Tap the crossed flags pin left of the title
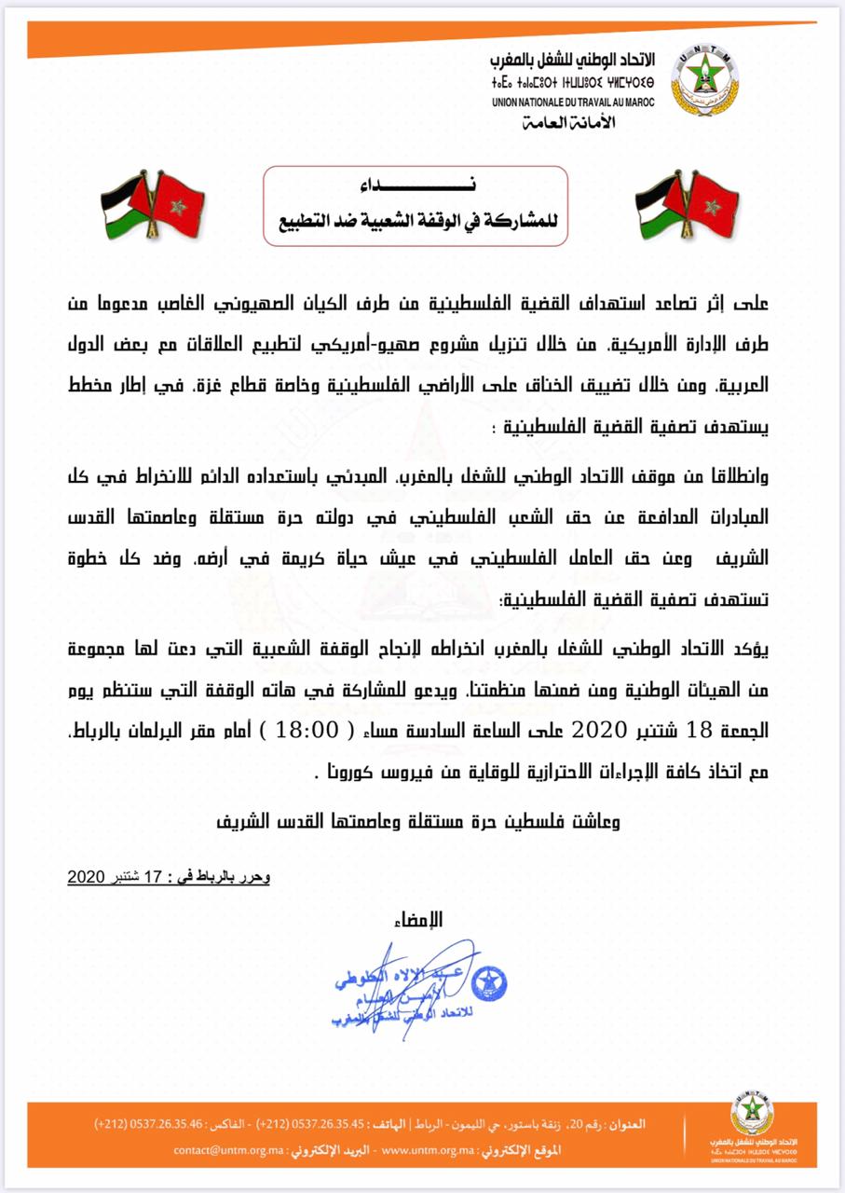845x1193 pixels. point(152,205)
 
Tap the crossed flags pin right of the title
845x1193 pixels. point(685,205)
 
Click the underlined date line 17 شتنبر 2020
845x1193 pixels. point(169,877)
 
